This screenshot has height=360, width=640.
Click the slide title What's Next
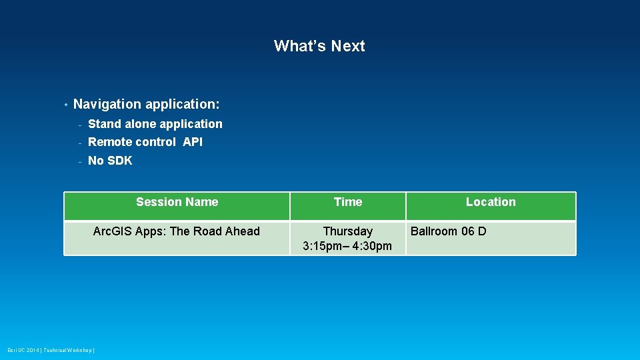(x=319, y=46)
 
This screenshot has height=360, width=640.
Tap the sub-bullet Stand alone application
(x=155, y=124)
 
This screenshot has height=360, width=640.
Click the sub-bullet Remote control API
(x=145, y=142)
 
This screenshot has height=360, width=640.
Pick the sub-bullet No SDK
(x=110, y=161)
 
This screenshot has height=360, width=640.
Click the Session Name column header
(x=177, y=202)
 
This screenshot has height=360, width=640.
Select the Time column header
(x=347, y=202)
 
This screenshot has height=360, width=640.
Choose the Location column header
(x=490, y=202)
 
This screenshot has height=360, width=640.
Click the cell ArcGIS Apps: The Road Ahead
(x=176, y=231)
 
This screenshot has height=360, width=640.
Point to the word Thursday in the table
(x=347, y=231)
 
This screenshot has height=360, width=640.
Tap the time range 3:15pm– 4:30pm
(x=347, y=246)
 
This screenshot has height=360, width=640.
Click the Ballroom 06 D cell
(x=448, y=231)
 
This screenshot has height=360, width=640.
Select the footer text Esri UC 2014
(x=23, y=350)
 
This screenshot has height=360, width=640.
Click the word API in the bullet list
(x=193, y=142)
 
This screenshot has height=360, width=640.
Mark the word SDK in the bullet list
(x=119, y=161)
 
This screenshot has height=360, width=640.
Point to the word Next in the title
(x=348, y=46)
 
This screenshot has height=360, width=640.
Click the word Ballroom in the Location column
(x=434, y=231)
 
